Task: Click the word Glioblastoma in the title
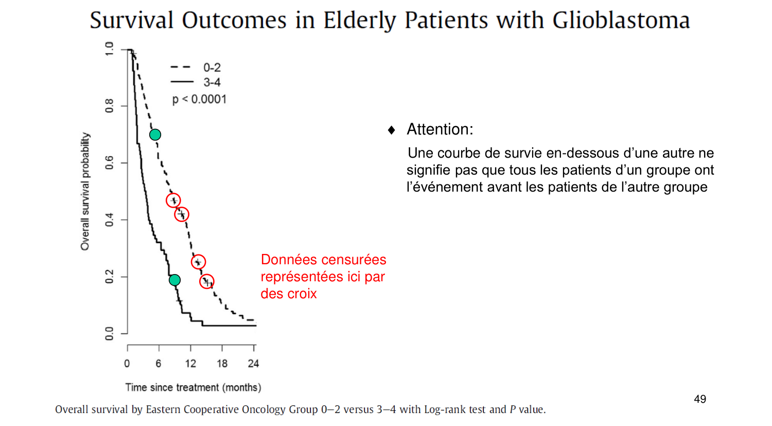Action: (621, 21)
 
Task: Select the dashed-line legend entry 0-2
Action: (212, 67)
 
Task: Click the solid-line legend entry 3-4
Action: (212, 82)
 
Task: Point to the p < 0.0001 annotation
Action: (199, 99)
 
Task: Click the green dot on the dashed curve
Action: (155, 134)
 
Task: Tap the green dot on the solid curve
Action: (174, 280)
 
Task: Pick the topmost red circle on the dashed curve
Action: (173, 200)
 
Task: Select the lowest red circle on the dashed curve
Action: (206, 281)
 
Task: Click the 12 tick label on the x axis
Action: (190, 364)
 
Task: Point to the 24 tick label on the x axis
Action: (253, 364)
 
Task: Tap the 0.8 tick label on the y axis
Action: (109, 106)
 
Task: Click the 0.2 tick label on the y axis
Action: (109, 277)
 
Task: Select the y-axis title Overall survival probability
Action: (85, 192)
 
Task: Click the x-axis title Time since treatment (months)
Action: (193, 387)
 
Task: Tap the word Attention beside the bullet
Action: (439, 129)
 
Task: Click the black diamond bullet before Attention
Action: (392, 130)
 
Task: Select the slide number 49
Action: (700, 399)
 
